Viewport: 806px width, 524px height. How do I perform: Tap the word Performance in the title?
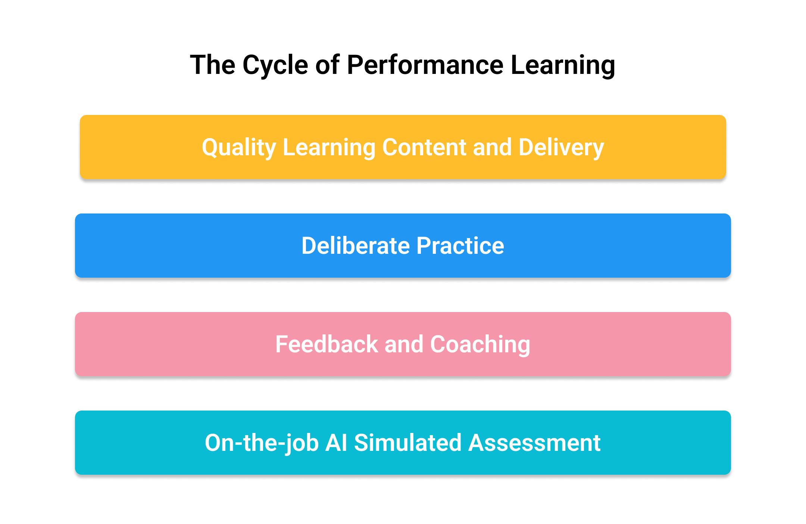(425, 65)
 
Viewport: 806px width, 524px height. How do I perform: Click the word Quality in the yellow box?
(239, 148)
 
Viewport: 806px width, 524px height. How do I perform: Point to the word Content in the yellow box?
(424, 147)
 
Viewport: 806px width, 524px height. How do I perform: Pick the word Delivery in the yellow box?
(561, 148)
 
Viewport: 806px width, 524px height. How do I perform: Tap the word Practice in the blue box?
(460, 246)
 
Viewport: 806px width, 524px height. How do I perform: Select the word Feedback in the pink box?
(327, 344)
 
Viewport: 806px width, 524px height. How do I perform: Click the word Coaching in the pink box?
(480, 345)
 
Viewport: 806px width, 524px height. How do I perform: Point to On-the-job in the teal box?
(262, 443)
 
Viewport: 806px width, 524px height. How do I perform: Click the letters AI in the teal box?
(336, 443)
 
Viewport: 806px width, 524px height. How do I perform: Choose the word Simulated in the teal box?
(408, 443)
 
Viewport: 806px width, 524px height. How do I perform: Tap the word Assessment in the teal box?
(534, 443)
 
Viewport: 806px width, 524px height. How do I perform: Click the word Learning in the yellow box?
(329, 148)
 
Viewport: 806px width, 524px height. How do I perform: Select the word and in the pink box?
(404, 344)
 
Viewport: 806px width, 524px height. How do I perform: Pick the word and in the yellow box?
(492, 147)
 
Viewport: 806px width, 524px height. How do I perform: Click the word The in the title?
(213, 65)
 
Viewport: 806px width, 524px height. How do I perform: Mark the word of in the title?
(328, 65)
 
